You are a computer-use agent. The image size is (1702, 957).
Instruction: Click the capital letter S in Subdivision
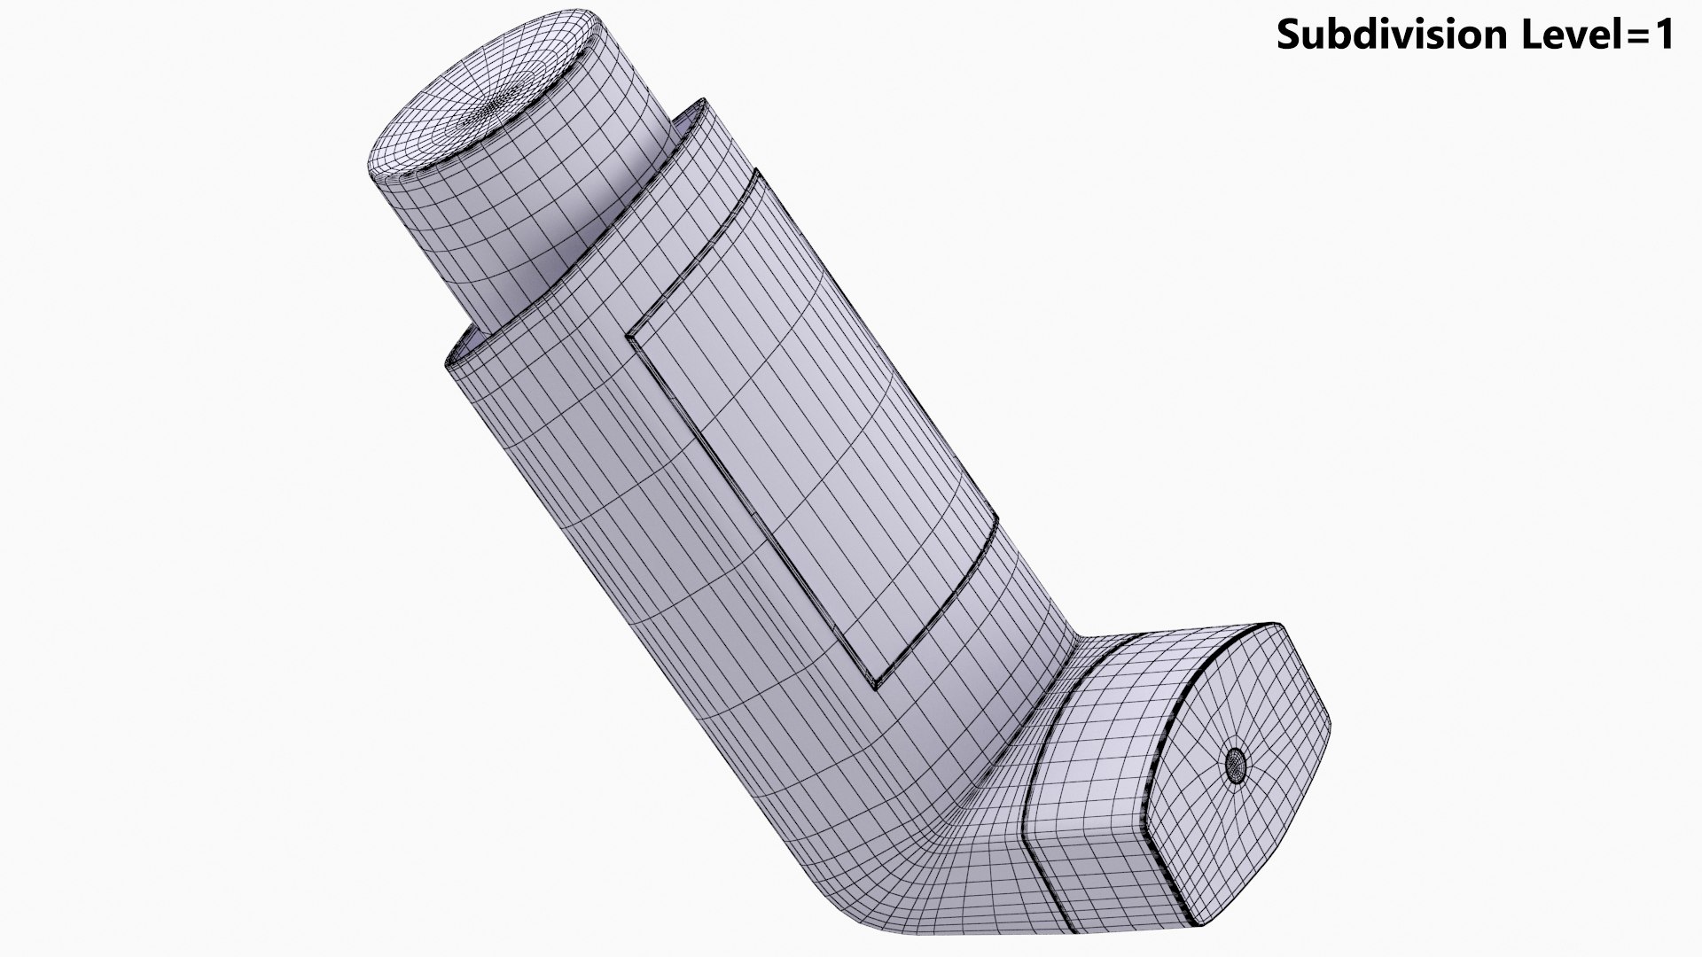tap(1288, 35)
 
